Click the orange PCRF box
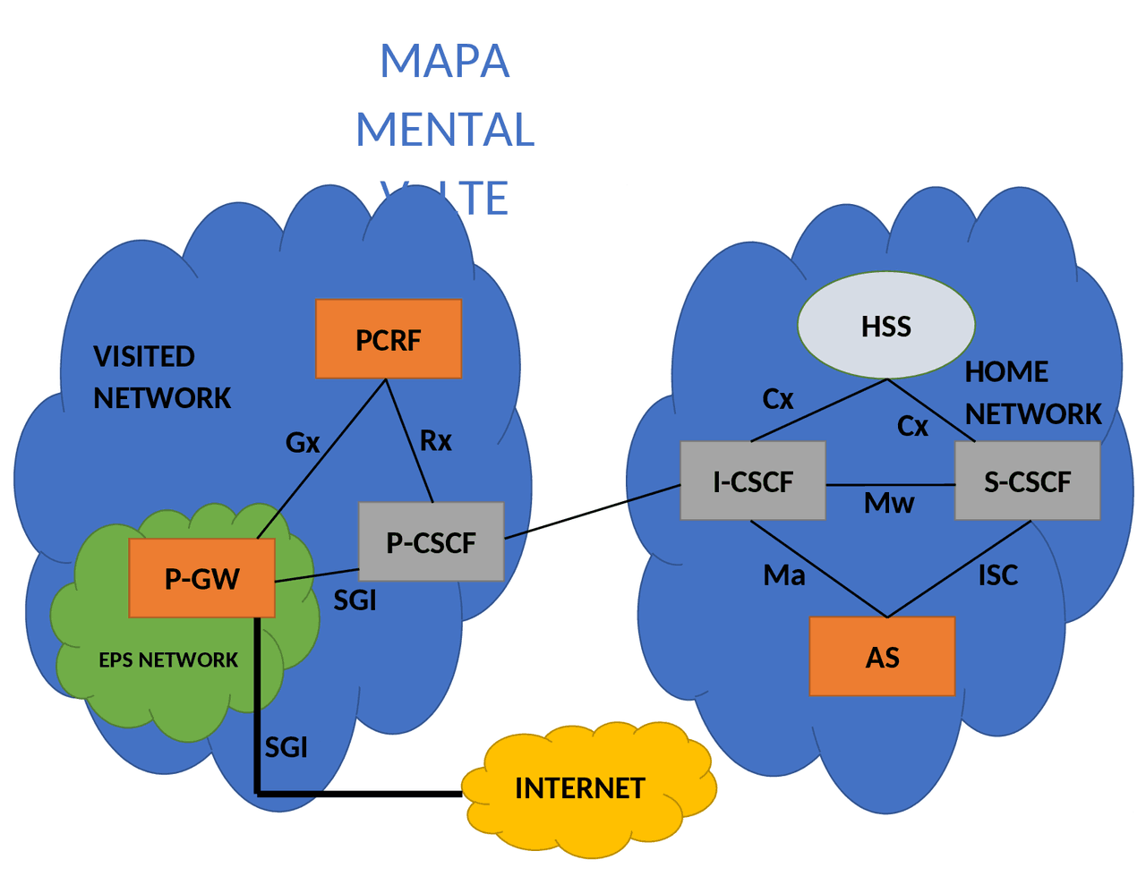[389, 339]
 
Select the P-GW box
[201, 578]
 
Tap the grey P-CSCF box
[431, 541]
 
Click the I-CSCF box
[752, 481]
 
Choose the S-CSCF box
[1027, 481]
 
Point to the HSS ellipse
[885, 326]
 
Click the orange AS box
[882, 656]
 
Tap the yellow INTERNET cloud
[580, 787]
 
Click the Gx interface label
[303, 442]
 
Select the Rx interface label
[436, 440]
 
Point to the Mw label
[889, 504]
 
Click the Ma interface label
[784, 574]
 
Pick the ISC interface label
[997, 574]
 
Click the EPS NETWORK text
[168, 659]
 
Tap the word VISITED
[144, 356]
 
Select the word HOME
[1006, 371]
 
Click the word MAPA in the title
[445, 61]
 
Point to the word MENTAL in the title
[445, 129]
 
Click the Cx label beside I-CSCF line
[777, 398]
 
